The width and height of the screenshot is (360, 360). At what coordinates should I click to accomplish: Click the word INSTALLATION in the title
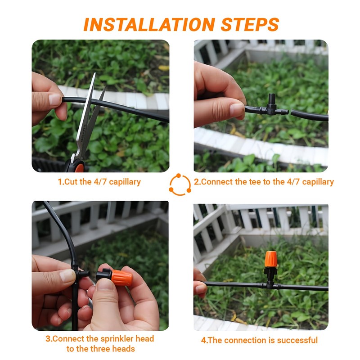pos(149,25)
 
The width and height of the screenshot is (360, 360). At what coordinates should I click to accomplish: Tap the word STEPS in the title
pos(250,25)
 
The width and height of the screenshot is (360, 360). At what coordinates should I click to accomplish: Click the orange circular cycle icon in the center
pos(180,184)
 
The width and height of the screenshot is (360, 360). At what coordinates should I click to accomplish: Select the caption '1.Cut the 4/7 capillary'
pos(99,182)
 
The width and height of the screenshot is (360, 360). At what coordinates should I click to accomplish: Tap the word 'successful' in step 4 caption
pos(297,340)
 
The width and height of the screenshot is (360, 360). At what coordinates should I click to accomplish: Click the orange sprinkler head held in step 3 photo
pos(121,277)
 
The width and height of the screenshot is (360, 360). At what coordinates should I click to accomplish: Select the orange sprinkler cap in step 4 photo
pos(271,259)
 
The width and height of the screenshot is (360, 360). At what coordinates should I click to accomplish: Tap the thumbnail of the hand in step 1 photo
pos(55,99)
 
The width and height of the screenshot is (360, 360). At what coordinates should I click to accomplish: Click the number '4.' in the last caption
pos(205,340)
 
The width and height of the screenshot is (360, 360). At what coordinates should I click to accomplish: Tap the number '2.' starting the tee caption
pos(198,182)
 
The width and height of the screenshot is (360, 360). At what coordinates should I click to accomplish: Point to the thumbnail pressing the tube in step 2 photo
pos(237,109)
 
